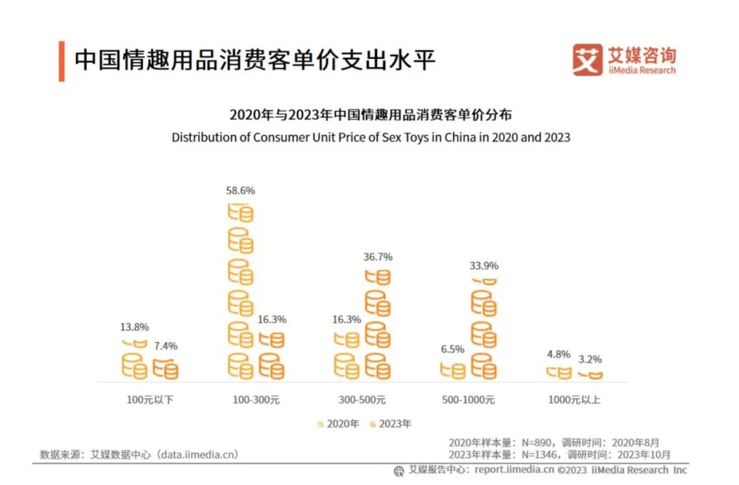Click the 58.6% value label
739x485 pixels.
240,190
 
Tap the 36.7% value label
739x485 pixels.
378,257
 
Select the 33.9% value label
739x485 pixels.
484,265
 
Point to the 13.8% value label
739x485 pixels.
134,327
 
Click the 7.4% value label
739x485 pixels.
164,346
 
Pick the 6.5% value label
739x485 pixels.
452,349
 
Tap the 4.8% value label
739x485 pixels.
558,354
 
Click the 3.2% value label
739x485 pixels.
589,359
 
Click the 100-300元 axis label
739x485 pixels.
256,399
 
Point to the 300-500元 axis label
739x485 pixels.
362,399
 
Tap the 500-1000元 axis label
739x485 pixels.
468,399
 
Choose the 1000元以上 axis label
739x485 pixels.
574,399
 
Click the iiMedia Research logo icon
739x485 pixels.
587,60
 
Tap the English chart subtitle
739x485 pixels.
370,137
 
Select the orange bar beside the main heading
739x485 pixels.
62,61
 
